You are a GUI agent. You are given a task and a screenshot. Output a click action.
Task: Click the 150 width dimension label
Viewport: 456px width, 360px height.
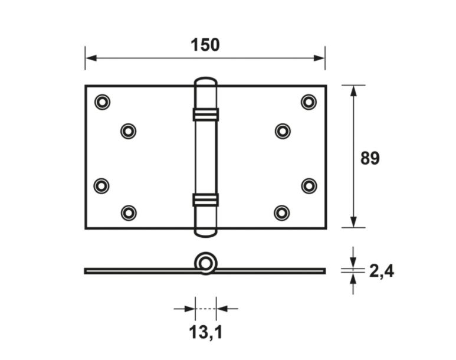tap(205, 45)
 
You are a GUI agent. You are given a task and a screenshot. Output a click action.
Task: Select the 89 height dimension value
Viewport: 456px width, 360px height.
tap(370, 158)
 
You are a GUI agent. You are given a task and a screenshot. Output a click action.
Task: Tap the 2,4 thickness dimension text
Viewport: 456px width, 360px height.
tap(381, 271)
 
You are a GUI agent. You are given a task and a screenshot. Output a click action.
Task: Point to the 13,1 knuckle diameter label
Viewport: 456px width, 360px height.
tap(205, 333)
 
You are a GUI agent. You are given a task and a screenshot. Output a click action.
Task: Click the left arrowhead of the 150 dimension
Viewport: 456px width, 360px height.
tap(90, 58)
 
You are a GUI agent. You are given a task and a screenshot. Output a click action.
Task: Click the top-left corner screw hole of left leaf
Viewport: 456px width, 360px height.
tap(102, 102)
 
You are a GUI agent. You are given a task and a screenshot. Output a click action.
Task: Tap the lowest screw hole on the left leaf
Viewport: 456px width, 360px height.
tap(128, 212)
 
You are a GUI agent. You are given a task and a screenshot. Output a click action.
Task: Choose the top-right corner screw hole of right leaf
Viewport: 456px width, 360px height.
tap(309, 102)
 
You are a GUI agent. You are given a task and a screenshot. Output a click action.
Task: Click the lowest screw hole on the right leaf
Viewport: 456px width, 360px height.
tap(282, 212)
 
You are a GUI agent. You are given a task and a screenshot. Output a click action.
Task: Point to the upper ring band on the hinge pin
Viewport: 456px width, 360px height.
tap(205, 114)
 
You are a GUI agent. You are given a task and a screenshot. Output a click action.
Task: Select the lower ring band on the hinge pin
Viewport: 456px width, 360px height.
tap(205, 200)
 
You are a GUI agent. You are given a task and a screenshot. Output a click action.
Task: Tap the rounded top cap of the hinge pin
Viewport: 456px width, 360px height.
tap(205, 82)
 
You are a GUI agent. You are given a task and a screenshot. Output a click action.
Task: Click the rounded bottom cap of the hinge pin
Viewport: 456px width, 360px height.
tap(205, 232)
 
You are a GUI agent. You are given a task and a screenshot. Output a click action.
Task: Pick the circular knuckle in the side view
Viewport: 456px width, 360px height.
tap(205, 263)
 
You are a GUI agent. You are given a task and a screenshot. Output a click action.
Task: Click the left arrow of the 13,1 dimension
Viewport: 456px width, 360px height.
tap(189, 308)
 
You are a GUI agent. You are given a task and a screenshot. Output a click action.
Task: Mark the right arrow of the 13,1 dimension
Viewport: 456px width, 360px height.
tap(221, 308)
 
